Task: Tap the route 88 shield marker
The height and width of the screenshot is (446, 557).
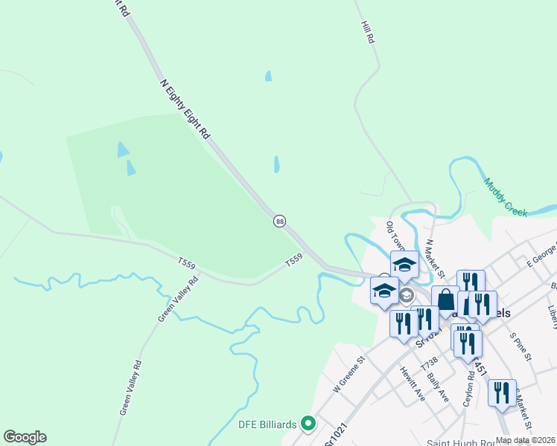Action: coord(279,221)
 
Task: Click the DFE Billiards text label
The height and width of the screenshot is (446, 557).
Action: coord(267,424)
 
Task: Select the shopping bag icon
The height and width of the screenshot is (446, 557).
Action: coord(445,300)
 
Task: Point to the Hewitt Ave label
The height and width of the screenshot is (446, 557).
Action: coord(410,384)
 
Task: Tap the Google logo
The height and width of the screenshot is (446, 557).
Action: coord(25,437)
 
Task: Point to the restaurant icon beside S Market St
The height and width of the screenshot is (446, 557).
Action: coord(502,392)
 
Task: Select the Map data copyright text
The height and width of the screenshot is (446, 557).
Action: coord(525,440)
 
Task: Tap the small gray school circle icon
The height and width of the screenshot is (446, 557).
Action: coord(406,296)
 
